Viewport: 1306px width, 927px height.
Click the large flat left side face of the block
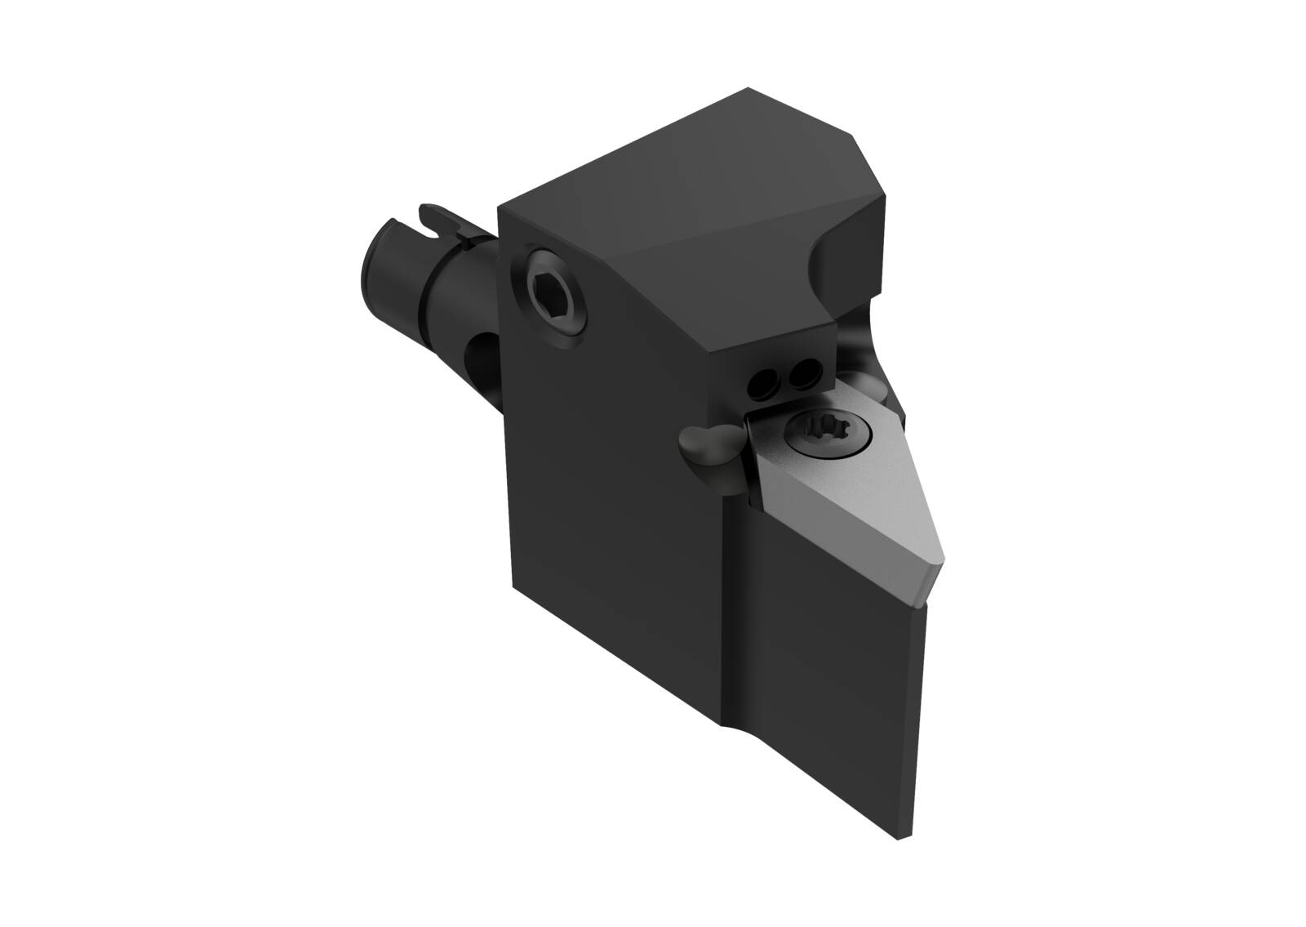(604, 490)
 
